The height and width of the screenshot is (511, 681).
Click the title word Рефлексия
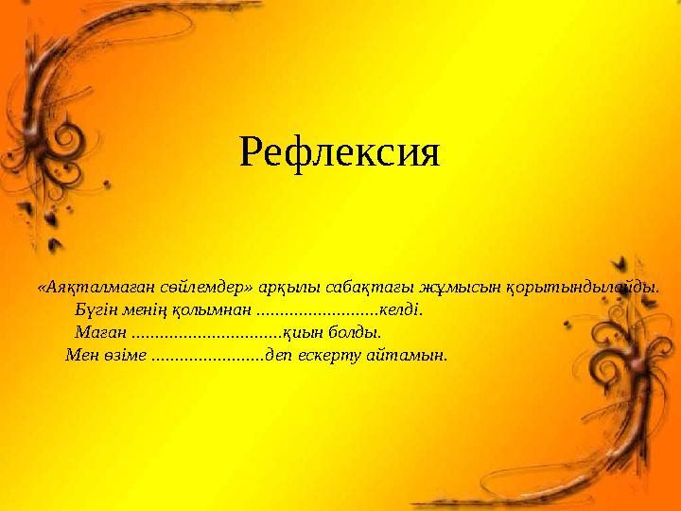pyautogui.click(x=340, y=151)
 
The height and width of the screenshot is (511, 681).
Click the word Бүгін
pyautogui.click(x=96, y=309)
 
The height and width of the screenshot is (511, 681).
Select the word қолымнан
pyautogui.click(x=218, y=309)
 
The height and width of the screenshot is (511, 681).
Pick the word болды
pyautogui.click(x=358, y=333)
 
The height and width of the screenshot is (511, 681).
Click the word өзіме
pyautogui.click(x=125, y=356)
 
